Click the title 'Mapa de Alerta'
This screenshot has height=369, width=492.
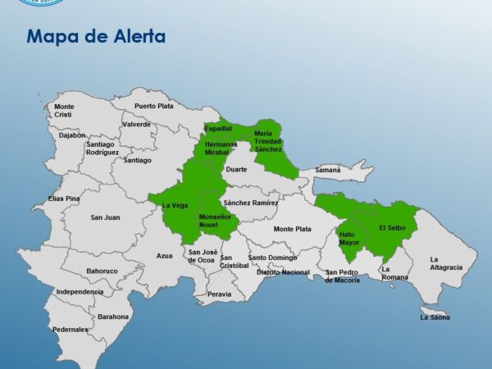(96, 37)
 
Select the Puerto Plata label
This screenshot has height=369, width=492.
(154, 106)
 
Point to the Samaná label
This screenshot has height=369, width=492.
(327, 170)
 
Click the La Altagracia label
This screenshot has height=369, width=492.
(446, 263)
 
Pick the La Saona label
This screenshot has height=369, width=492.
(435, 317)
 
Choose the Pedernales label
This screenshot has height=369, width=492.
(71, 330)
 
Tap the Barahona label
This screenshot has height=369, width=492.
(113, 316)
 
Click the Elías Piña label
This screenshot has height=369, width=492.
(64, 198)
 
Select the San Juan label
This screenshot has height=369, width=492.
(105, 217)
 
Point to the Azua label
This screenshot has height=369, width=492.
(165, 256)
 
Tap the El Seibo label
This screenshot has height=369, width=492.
(392, 227)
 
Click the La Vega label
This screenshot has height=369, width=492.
(175, 205)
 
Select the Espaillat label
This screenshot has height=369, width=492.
(218, 129)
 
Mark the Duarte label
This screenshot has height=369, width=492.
(236, 169)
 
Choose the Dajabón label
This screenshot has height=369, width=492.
(72, 135)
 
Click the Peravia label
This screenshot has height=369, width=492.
(219, 294)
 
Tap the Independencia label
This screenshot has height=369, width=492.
(80, 291)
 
